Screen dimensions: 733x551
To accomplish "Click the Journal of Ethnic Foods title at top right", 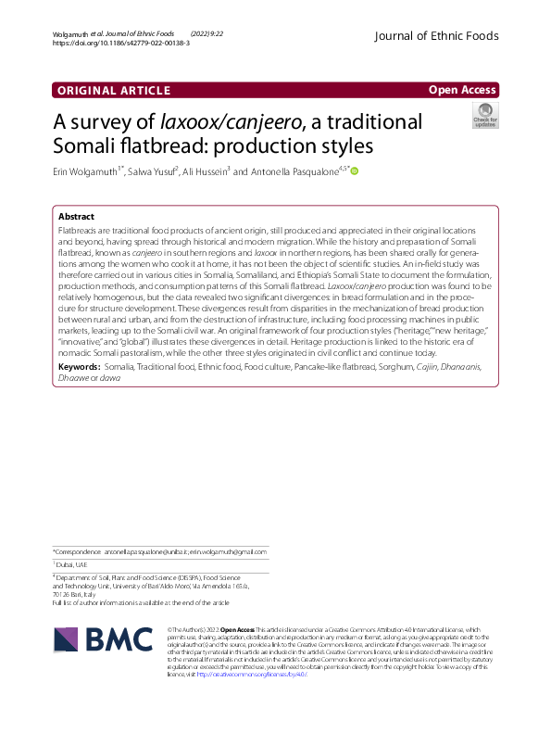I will [x=435, y=36].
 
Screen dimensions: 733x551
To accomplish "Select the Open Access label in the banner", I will [x=460, y=90].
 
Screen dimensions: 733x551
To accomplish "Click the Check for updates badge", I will [x=484, y=116].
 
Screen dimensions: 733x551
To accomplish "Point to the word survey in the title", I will [x=123, y=122].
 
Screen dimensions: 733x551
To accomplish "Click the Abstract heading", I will [x=76, y=216].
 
